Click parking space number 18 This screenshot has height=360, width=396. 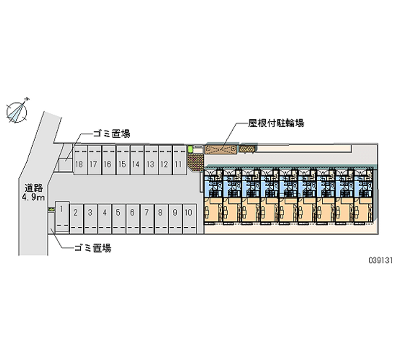(x=79, y=164)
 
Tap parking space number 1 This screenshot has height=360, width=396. (x=61, y=209)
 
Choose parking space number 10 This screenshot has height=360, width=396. (x=188, y=213)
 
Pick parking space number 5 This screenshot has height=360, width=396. (x=118, y=213)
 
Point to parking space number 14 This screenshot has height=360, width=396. (x=136, y=164)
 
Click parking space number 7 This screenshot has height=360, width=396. (x=147, y=213)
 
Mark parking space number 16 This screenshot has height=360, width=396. (x=107, y=164)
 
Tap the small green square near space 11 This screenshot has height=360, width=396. (x=190, y=148)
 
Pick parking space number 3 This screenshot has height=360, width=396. (x=90, y=213)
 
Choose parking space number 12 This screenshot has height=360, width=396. (x=164, y=164)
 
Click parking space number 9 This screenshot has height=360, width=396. (x=175, y=213)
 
